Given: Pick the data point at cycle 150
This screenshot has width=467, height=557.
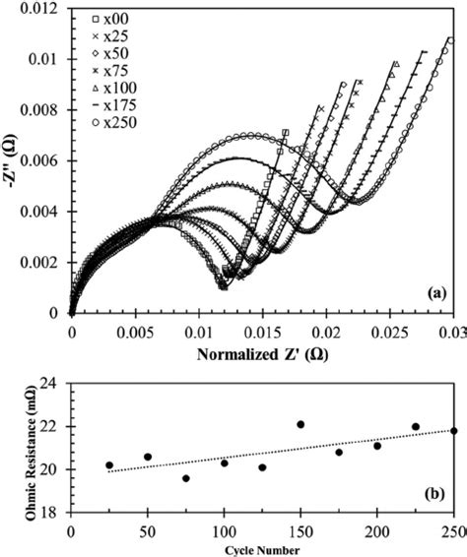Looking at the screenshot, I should tap(300, 424).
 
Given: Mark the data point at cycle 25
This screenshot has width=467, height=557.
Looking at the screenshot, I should tap(108, 465).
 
